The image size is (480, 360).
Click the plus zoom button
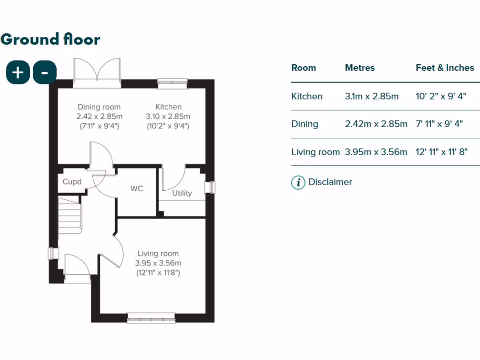(18, 73)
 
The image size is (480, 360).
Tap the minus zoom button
(45, 73)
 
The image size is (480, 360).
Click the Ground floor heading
(50, 39)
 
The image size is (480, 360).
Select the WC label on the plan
(137, 189)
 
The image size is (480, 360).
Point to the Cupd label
(72, 182)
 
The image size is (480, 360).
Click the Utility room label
(182, 193)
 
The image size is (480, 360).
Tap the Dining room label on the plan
(99, 107)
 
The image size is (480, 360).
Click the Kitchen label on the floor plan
(169, 107)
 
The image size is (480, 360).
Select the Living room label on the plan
(158, 254)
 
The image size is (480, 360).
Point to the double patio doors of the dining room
(97, 73)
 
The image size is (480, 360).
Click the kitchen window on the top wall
(172, 82)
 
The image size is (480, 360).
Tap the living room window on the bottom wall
(151, 318)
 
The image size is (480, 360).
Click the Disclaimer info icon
(298, 182)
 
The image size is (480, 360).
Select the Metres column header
(360, 68)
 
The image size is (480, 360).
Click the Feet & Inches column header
(445, 68)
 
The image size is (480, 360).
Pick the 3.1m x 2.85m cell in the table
(372, 97)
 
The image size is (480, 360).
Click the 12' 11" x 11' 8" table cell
(442, 152)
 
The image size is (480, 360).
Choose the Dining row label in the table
(305, 124)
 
